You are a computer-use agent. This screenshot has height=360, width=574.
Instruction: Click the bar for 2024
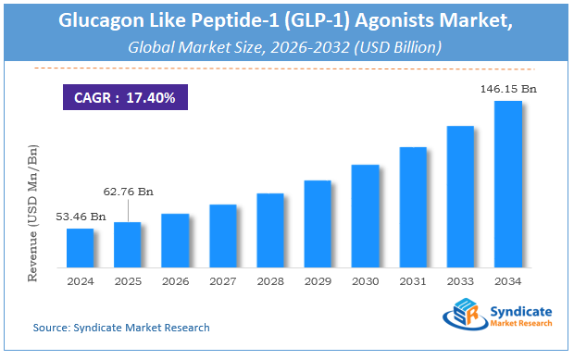80,247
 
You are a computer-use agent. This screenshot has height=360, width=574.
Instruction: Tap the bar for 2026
175,240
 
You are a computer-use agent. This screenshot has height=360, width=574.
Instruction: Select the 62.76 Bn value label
127,191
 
